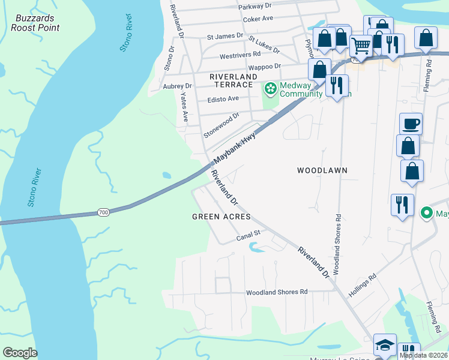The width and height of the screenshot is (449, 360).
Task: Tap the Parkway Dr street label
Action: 255,6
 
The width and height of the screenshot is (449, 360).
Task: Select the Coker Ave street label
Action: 258,19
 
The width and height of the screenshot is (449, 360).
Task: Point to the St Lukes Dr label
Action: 264,44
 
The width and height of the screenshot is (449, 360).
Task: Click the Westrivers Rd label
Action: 240,54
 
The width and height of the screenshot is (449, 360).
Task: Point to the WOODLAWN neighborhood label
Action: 322,170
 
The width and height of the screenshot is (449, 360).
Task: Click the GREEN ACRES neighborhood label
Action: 221,216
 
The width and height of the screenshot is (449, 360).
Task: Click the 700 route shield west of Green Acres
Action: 103,213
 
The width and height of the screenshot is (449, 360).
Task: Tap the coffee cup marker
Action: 411,124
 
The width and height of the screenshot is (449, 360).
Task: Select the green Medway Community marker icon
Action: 271,89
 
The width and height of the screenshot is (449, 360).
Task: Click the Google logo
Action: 20,353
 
